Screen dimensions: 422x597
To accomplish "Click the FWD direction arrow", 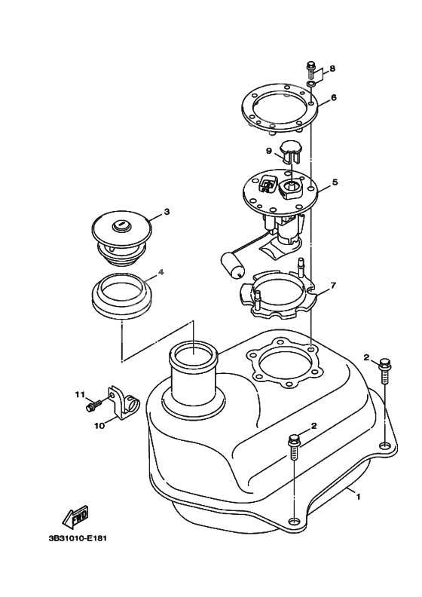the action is (75, 517).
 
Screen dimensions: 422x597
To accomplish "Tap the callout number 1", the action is (358, 497).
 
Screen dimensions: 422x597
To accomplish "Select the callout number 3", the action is (167, 212).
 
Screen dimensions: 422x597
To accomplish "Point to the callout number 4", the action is (161, 272).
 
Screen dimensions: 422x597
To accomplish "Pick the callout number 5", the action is (335, 182).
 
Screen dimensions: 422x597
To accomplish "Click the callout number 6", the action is (333, 98).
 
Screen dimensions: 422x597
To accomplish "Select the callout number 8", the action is (332, 69).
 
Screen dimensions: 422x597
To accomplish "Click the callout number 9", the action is (269, 152).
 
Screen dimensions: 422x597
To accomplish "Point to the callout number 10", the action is (99, 426).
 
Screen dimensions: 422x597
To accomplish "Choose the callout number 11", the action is (79, 395).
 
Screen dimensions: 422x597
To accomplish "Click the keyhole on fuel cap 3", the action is (121, 225).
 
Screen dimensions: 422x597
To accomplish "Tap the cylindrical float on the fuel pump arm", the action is (231, 265).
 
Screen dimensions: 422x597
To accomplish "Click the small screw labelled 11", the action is (94, 404).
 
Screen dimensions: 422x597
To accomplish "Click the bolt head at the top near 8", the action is (311, 66).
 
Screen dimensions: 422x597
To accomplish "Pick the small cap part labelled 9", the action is (291, 152).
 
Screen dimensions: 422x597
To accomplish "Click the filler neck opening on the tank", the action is (193, 354).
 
